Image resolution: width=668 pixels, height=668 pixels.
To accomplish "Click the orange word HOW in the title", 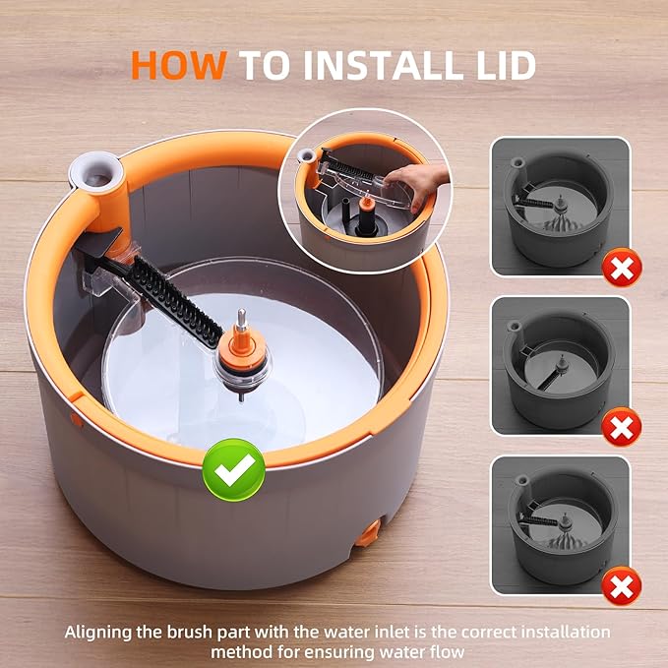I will [x=182, y=65].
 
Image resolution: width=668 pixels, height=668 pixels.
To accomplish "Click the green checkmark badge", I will [x=233, y=469].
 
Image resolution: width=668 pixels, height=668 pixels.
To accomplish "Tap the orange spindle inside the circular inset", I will [x=366, y=206].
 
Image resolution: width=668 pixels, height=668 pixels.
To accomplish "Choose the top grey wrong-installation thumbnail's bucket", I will [x=557, y=212].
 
